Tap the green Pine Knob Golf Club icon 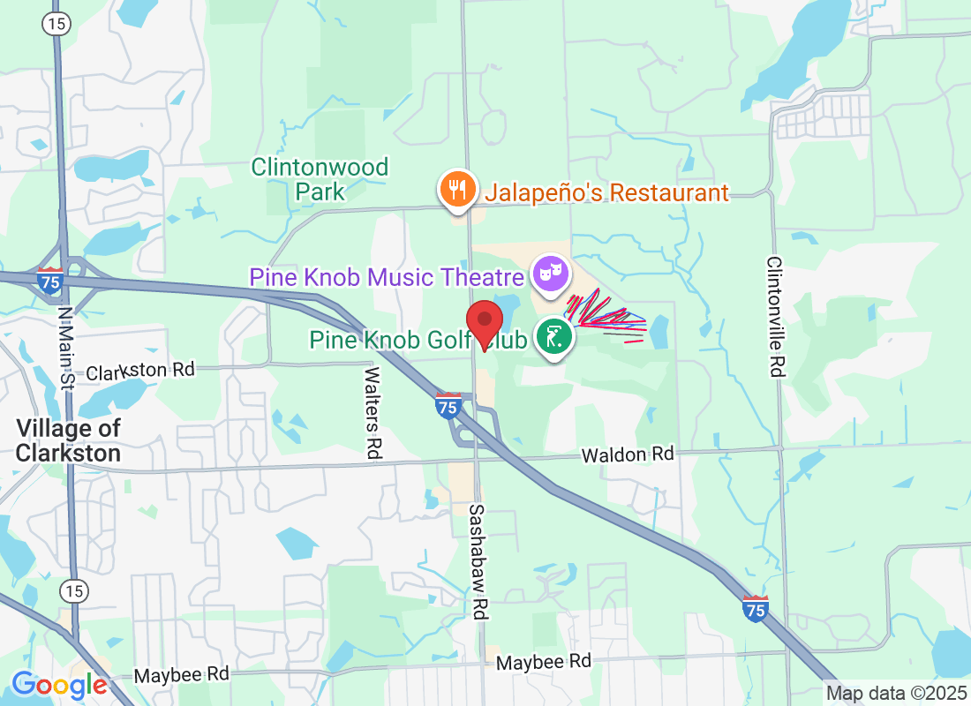[553, 338]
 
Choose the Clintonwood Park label [320, 178]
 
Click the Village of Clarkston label [68, 440]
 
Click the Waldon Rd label [627, 454]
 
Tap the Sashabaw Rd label [478, 561]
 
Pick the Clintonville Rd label [774, 317]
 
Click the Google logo [60, 685]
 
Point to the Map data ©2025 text [894, 693]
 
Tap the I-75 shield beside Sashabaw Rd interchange [448, 405]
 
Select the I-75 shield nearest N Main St [50, 281]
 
